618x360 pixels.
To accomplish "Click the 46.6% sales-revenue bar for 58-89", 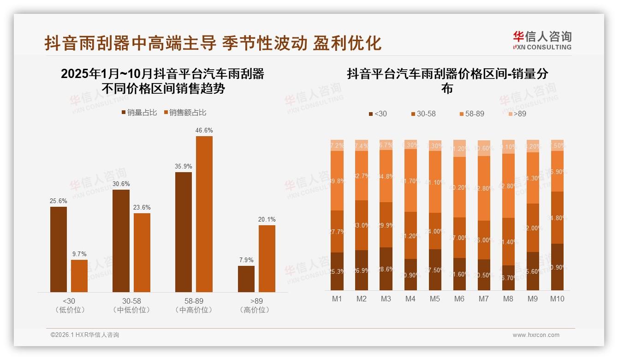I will coord(204,214).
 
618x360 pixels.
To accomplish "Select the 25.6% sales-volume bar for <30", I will coord(59,249).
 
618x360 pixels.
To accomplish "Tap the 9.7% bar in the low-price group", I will coord(79,276).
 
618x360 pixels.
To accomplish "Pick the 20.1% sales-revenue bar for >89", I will coord(267,258).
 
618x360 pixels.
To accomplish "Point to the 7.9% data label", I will coord(246,260).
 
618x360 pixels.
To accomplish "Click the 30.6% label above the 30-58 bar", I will coord(121,183).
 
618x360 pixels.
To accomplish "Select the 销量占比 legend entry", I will coord(139,113).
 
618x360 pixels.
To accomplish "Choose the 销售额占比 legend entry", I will coord(184,113).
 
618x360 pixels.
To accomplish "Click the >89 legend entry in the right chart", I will coord(517,114).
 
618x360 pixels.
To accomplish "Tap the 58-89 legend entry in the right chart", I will coord(471,114).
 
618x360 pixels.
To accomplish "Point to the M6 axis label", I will coord(459,299).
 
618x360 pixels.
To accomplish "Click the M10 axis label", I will coord(557,299).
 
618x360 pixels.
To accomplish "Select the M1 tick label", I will coord(337,299).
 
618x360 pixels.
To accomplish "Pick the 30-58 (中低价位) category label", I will coord(131,305).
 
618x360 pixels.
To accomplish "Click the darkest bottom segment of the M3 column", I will coord(386,269).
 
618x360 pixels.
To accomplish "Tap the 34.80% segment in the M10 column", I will coord(557,217).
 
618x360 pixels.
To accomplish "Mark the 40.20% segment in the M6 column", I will coord(459,187).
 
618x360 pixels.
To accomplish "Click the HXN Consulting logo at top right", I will coord(542,41).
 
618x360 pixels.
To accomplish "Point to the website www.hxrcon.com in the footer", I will coord(536,335).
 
